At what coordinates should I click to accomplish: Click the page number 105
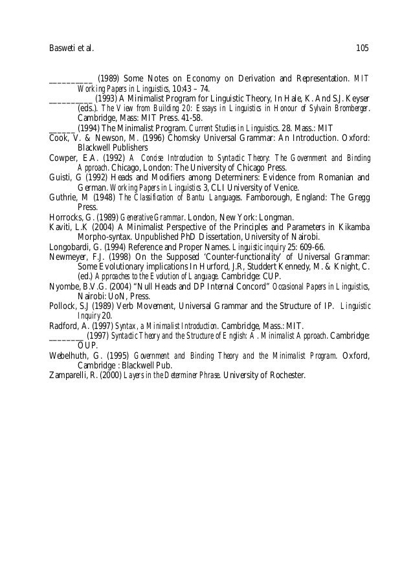[362, 47]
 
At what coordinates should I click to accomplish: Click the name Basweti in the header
[63, 47]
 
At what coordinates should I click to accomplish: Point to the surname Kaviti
[61, 226]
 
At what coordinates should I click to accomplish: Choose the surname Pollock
[64, 305]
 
